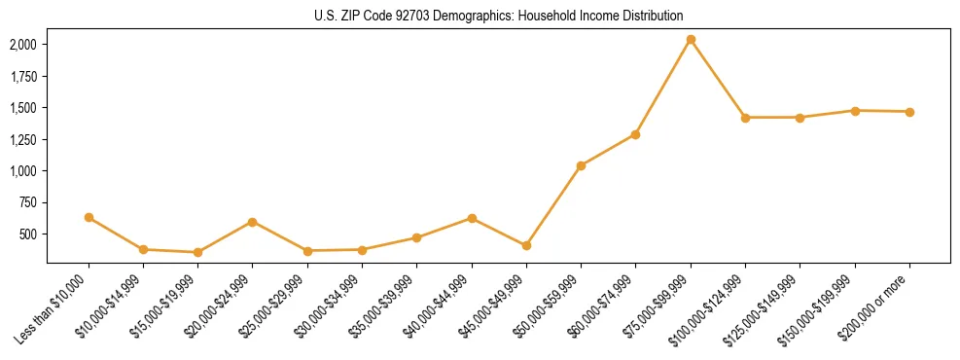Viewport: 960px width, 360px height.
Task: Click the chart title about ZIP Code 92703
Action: (x=499, y=16)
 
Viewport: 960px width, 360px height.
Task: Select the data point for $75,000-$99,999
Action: (x=691, y=40)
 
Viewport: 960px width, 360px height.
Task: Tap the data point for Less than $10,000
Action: (x=89, y=217)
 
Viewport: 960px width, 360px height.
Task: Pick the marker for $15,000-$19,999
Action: (x=197, y=252)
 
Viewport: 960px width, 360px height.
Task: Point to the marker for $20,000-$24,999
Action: (x=253, y=222)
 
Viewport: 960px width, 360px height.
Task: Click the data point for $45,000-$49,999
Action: (x=526, y=245)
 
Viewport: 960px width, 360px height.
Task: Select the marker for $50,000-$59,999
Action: (x=581, y=165)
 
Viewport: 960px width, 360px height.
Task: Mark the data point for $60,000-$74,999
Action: (x=635, y=134)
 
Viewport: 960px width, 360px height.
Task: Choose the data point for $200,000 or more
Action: (x=909, y=112)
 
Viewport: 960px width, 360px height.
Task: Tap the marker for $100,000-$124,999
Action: (x=745, y=118)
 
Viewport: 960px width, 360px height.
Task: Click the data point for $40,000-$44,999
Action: (x=472, y=218)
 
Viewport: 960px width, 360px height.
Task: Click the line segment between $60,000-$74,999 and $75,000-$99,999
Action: (x=663, y=87)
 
